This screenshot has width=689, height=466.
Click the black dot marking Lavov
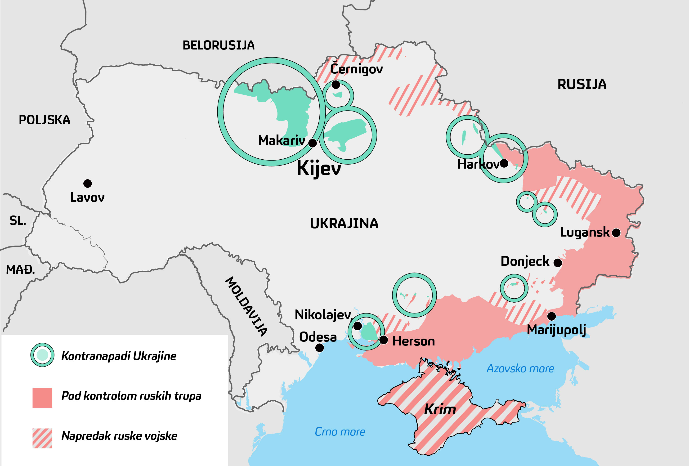tap(87, 184)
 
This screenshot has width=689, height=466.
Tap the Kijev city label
tap(319, 168)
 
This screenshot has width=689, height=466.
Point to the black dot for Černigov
tap(336, 85)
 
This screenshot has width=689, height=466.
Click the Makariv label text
tap(281, 140)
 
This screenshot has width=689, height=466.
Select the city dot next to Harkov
tap(504, 163)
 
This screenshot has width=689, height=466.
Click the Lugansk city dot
tap(616, 233)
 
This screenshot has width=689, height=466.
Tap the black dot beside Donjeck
tap(558, 263)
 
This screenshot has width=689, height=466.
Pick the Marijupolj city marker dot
tap(551, 316)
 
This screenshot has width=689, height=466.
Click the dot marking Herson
tap(384, 340)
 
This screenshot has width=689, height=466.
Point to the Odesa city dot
tap(319, 348)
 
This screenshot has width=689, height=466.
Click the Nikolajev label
tap(322, 314)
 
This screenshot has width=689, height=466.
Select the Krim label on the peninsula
tap(440, 410)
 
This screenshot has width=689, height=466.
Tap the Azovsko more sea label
tap(520, 368)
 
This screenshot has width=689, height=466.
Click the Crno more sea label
tap(340, 432)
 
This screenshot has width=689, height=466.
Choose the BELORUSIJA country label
tap(219, 45)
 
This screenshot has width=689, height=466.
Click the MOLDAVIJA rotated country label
tap(246, 306)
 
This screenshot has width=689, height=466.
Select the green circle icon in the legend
tap(42, 355)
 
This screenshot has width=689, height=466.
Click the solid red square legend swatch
tap(42, 398)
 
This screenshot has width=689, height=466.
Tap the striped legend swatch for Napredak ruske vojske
tap(42, 438)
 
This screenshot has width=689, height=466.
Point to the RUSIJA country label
tap(582, 84)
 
